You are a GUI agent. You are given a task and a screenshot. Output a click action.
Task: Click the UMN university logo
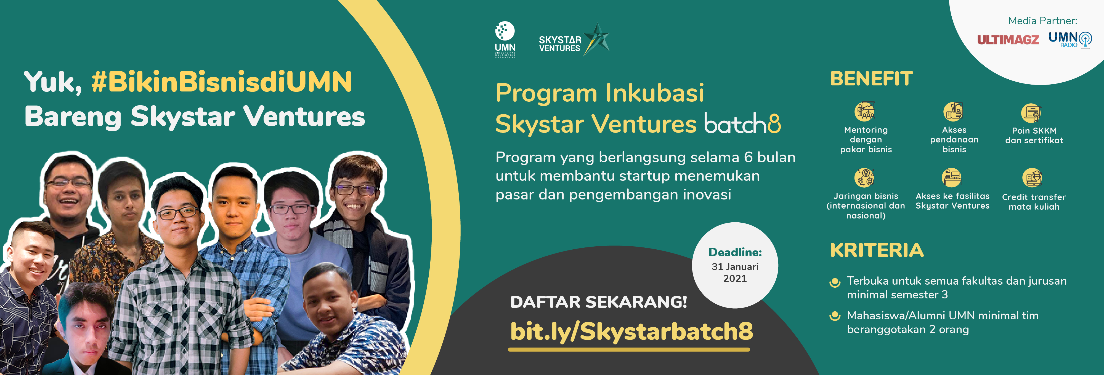click(505, 40)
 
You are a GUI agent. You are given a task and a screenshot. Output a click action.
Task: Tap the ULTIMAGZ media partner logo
click(1008, 40)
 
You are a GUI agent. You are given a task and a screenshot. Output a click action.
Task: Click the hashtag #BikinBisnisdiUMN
click(222, 82)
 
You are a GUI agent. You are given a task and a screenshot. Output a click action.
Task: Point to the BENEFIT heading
click(871, 79)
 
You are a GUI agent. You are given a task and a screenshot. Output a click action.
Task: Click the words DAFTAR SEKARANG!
click(598, 302)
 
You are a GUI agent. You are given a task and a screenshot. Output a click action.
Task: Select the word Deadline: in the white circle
click(735, 252)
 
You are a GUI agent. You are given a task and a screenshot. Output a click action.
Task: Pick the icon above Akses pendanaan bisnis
click(953, 111)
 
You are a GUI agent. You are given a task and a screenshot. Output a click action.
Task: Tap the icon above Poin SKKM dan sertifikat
click(1031, 113)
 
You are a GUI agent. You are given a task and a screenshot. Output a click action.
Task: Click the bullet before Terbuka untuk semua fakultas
click(835, 282)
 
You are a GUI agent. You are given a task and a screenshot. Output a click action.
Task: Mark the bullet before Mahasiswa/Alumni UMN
click(835, 316)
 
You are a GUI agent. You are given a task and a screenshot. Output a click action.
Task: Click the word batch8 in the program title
click(742, 124)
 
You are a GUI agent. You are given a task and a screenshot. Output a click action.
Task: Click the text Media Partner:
click(1042, 21)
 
